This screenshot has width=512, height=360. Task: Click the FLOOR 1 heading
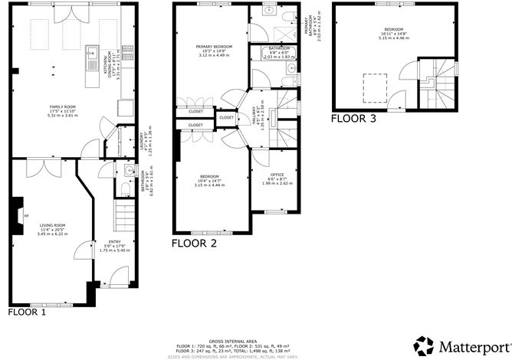point(28,313)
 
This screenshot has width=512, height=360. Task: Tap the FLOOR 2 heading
point(194,244)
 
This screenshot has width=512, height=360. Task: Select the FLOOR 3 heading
point(353,119)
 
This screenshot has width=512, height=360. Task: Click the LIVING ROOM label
point(52,225)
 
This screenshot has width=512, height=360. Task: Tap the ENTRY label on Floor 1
point(114,242)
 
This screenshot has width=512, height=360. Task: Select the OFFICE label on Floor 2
point(272,175)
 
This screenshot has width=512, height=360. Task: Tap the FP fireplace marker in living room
point(27,217)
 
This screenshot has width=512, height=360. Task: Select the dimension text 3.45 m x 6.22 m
point(52,233)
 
